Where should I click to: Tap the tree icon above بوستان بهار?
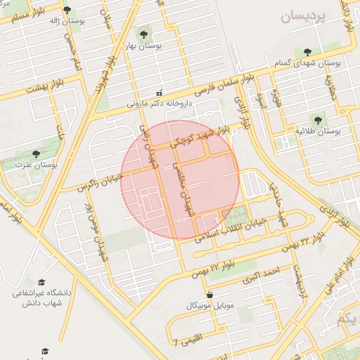pyautogui.click(x=143, y=33)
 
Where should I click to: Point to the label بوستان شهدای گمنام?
pyautogui.click(x=307, y=63)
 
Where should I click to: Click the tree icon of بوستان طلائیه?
pyautogui.click(x=317, y=120)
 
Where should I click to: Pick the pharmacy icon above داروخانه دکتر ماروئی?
pyautogui.click(x=159, y=92)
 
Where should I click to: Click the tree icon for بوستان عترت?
pyautogui.click(x=36, y=154)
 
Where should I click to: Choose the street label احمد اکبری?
pyautogui.click(x=261, y=275)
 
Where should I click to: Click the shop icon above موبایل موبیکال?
pyautogui.click(x=209, y=295)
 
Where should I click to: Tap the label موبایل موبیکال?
pyautogui.click(x=209, y=306)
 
